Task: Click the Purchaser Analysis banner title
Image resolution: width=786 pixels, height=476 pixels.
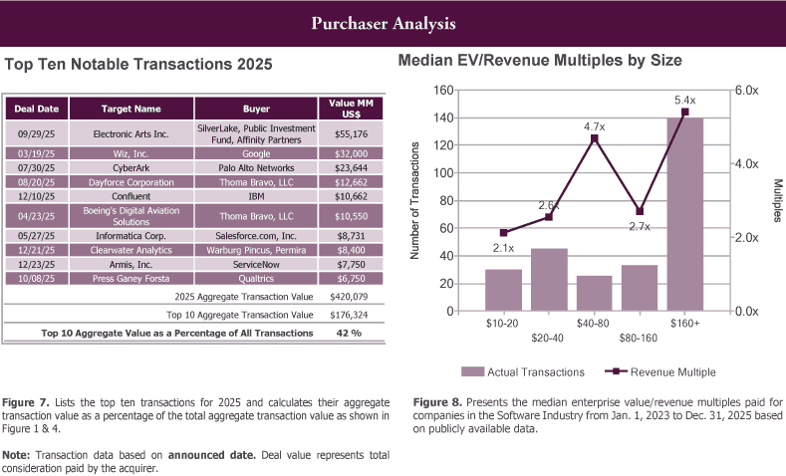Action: tap(393, 22)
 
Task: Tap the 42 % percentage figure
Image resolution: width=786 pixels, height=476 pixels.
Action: tap(349, 333)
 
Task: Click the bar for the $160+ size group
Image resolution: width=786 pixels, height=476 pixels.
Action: tap(684, 214)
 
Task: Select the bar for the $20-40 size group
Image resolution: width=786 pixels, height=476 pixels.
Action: tap(549, 280)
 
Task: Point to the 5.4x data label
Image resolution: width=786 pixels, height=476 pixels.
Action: tap(685, 100)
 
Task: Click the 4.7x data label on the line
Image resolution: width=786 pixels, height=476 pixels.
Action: tap(595, 126)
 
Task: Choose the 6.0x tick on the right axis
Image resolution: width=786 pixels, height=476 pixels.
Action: tap(746, 90)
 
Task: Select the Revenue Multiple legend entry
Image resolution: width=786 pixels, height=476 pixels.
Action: tap(659, 371)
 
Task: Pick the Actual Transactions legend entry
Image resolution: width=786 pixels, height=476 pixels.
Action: tap(523, 371)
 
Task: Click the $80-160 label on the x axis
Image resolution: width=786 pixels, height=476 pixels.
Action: tap(640, 338)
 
